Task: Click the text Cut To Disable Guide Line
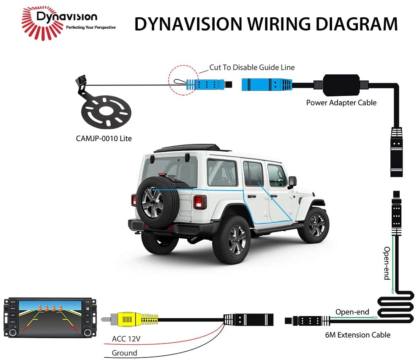252,67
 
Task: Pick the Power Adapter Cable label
341,102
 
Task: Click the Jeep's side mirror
292,182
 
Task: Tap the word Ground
124,352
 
